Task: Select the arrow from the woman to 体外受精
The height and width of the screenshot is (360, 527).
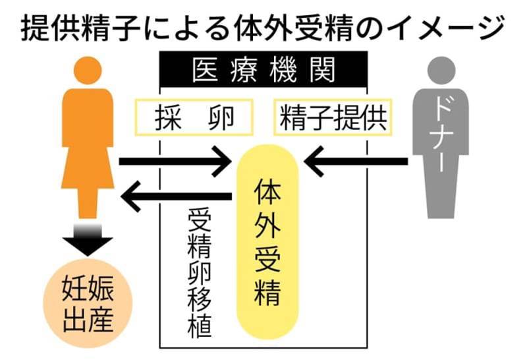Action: tap(175, 160)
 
